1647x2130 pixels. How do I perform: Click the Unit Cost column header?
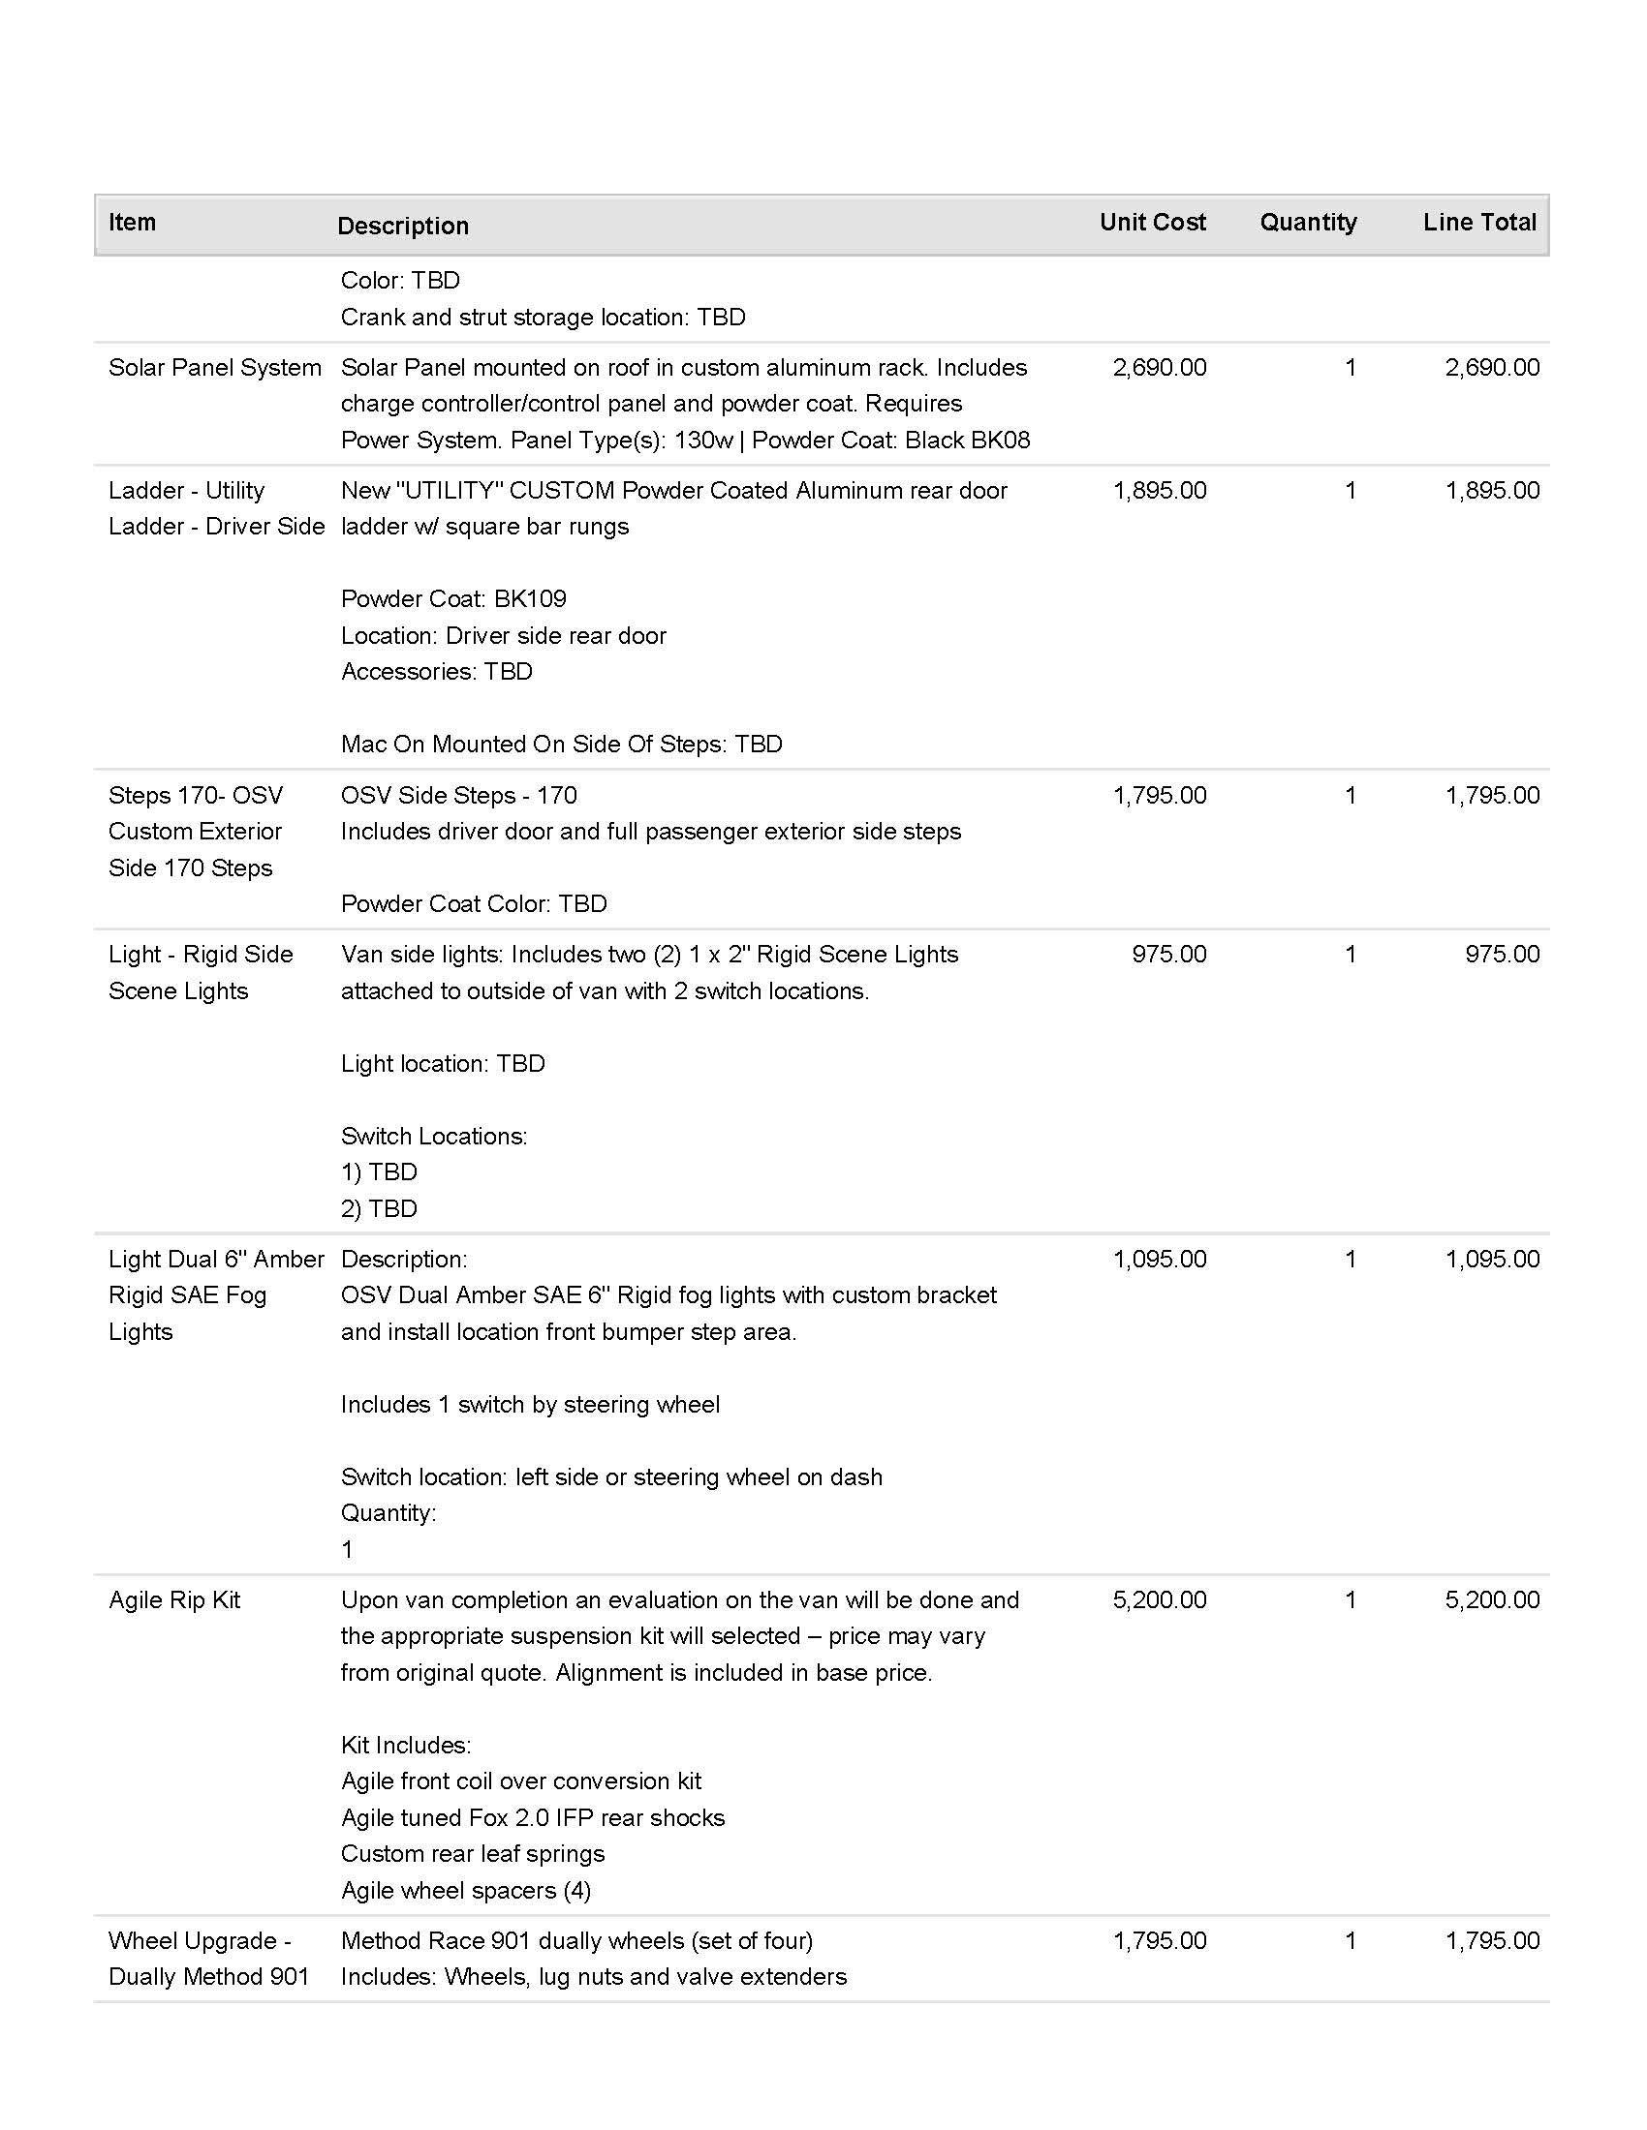point(1152,223)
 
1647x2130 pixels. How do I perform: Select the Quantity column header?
point(1308,223)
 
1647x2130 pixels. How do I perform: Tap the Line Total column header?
point(1479,223)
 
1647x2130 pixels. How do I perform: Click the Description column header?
point(403,227)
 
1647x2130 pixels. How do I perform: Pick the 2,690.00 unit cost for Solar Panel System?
point(1159,368)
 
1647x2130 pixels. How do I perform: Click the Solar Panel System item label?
point(215,368)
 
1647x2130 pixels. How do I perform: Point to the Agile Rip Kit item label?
point(174,1600)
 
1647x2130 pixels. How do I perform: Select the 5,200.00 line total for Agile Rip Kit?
point(1492,1600)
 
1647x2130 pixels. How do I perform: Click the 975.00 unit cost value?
point(1169,954)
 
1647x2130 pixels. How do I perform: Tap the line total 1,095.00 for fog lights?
point(1492,1259)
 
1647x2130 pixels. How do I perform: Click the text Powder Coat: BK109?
point(453,598)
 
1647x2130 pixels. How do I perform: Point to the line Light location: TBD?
point(443,1063)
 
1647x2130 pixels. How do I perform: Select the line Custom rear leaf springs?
point(473,1853)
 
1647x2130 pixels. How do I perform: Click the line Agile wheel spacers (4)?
point(466,1890)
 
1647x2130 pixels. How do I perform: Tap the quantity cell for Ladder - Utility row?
point(1351,491)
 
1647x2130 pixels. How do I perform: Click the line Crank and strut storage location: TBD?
point(544,317)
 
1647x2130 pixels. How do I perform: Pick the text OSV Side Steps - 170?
point(458,796)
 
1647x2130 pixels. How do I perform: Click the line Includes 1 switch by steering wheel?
point(531,1405)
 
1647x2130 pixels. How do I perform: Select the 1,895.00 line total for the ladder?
point(1492,491)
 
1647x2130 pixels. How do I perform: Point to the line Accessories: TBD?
point(437,671)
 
